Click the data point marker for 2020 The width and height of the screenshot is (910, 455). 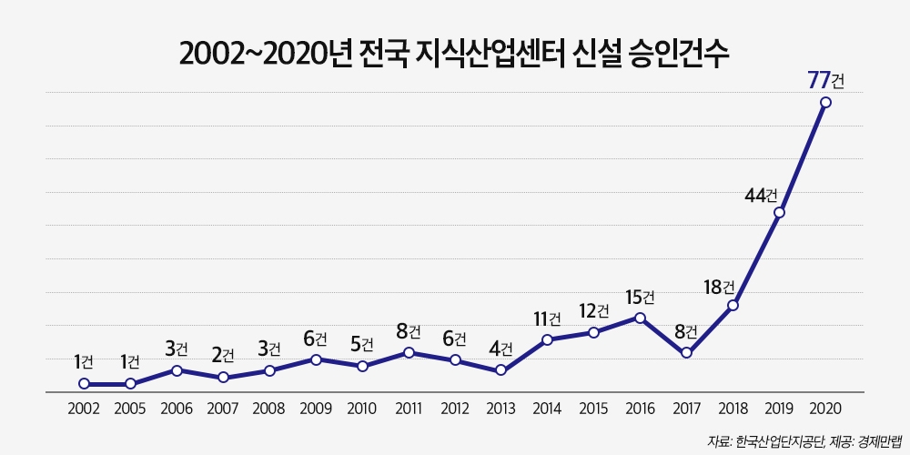825,102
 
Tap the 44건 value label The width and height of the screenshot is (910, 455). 761,195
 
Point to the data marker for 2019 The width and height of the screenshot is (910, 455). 779,213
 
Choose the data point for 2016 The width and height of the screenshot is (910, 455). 640,318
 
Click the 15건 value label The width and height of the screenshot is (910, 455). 640,297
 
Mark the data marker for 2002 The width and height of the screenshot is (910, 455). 84,384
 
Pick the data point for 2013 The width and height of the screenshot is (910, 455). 500,370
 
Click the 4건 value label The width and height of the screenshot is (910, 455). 500,348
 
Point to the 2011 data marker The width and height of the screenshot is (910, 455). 409,352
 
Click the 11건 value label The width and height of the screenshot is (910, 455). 547,318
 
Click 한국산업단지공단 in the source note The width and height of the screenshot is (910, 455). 784,440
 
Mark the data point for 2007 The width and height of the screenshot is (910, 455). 223,377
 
